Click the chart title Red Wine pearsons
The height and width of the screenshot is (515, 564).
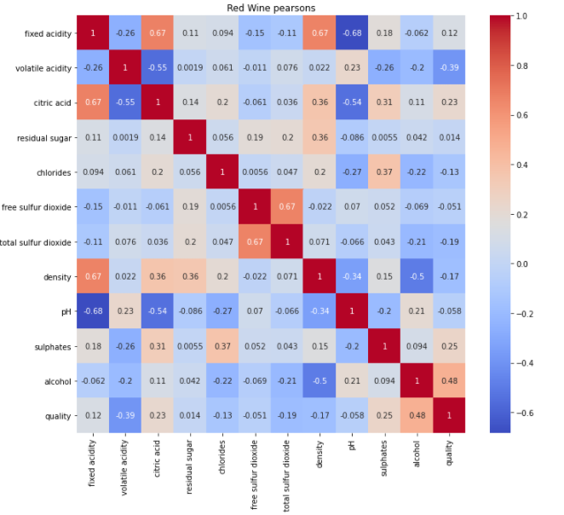click(270, 8)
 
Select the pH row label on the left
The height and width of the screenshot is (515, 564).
click(66, 312)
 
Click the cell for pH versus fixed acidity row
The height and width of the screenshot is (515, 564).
click(91, 312)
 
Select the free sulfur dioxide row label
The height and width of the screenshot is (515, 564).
click(35, 207)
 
